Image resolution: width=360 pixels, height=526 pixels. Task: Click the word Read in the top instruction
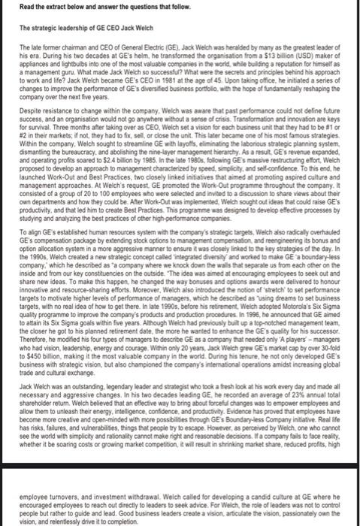click(x=27, y=8)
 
